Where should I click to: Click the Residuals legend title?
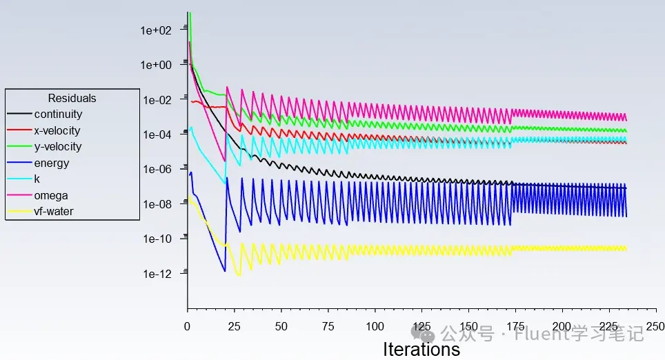[72, 98]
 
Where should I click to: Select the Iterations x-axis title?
[421, 350]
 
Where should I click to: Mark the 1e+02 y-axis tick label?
[156, 30]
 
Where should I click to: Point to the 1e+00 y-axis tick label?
[156, 66]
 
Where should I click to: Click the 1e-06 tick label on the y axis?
[157, 170]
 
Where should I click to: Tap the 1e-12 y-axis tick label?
[157, 274]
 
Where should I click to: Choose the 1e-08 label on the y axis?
[157, 204]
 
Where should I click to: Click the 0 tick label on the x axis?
[187, 326]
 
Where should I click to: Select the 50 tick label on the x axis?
[281, 326]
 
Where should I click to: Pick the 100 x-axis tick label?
[375, 326]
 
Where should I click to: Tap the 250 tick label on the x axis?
[655, 326]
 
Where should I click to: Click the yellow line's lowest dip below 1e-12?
[239, 276]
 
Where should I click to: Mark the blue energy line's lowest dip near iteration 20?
[224, 271]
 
